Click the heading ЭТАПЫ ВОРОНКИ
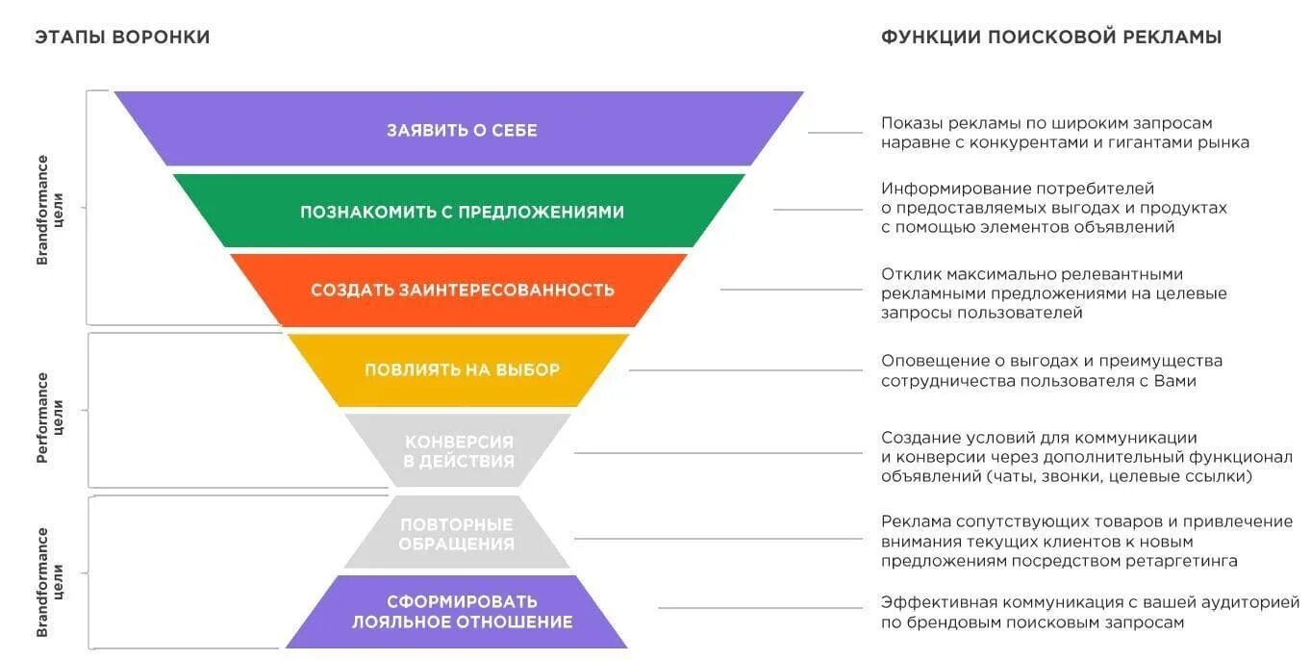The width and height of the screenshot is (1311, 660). point(122,38)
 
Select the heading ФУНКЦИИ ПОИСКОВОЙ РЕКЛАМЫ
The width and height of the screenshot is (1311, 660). point(1051,38)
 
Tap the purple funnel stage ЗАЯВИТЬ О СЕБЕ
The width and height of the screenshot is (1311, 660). point(462,130)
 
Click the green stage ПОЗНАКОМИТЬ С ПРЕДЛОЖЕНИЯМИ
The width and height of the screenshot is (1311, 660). point(462,212)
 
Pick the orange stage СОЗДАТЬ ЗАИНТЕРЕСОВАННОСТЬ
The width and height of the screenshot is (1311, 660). point(462,290)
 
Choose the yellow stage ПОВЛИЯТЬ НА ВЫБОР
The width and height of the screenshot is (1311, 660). point(462,369)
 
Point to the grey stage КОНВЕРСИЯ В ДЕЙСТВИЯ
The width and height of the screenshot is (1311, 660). point(459,451)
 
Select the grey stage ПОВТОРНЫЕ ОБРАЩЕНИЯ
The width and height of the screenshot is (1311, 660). point(457,534)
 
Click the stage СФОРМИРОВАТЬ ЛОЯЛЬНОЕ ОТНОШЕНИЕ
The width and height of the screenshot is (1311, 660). point(462,612)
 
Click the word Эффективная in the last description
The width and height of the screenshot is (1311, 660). point(939,603)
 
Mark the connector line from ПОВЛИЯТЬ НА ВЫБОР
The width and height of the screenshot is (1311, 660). point(745,370)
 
